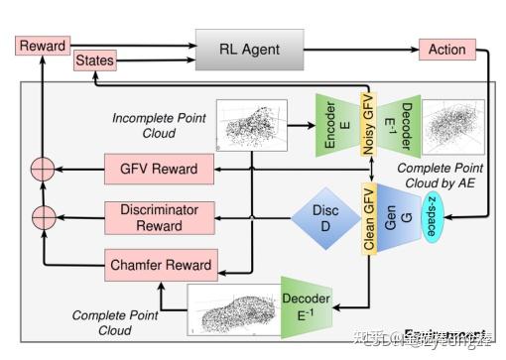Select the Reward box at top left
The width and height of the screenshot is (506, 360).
(42, 46)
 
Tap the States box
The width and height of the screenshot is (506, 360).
(94, 61)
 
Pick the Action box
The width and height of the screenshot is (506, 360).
(447, 49)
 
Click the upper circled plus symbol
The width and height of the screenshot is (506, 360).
(43, 169)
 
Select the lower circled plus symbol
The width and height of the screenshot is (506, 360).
(43, 215)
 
